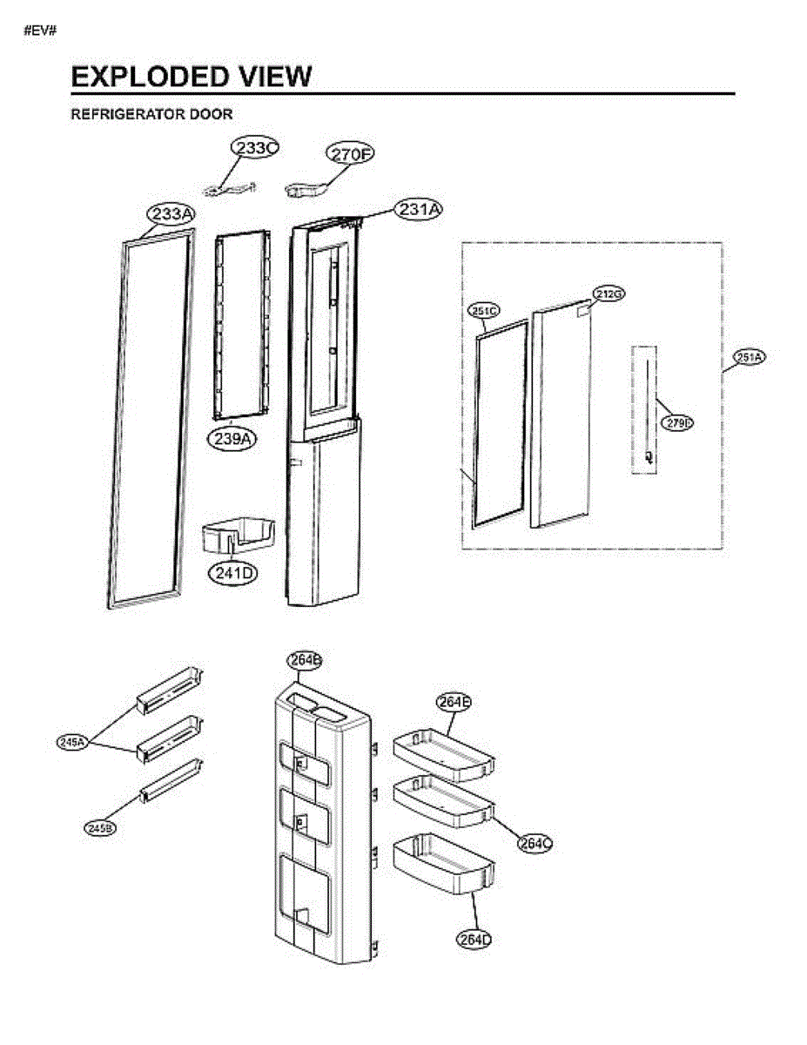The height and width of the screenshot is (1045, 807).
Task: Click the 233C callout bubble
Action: (x=253, y=148)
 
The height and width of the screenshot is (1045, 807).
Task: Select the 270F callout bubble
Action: (x=351, y=154)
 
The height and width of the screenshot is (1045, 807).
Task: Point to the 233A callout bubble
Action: (x=171, y=214)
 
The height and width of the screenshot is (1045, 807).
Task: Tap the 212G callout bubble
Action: (x=609, y=293)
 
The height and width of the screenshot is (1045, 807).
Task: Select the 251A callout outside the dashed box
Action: (x=748, y=357)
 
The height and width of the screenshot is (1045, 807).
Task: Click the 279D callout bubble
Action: (x=676, y=423)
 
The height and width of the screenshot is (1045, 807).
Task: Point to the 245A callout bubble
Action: (x=72, y=742)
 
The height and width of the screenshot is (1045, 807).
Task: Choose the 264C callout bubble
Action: (x=535, y=843)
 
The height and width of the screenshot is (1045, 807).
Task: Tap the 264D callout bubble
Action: (x=474, y=939)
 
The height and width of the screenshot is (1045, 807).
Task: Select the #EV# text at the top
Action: (x=41, y=32)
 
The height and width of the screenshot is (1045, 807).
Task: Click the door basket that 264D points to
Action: (x=444, y=864)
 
